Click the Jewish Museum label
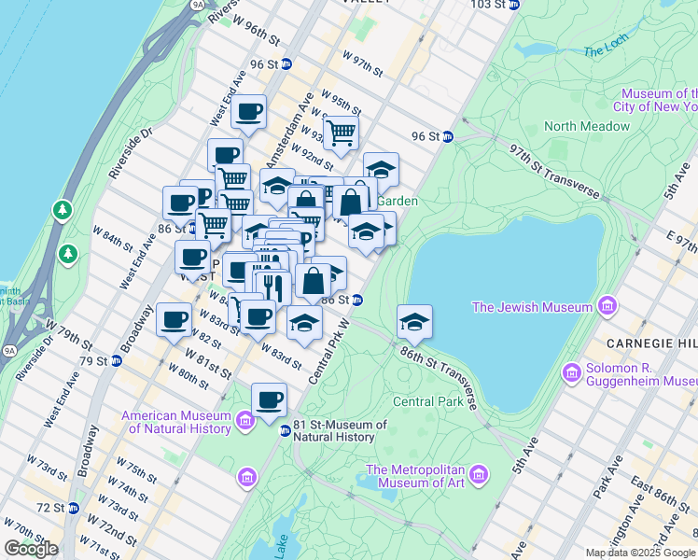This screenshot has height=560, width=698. point(532,306)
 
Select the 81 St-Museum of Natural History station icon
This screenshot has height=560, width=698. point(286,430)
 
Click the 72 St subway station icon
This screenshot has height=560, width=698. point(73,508)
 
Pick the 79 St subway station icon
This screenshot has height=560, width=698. point(116,360)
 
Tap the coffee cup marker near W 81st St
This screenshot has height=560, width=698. point(174,321)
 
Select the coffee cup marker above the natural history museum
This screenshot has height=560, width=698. point(269,400)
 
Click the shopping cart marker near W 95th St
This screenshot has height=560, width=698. point(341,133)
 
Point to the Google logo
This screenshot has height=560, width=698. point(31,549)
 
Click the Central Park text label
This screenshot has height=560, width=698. point(427,401)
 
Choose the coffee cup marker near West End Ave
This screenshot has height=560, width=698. point(248,113)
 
